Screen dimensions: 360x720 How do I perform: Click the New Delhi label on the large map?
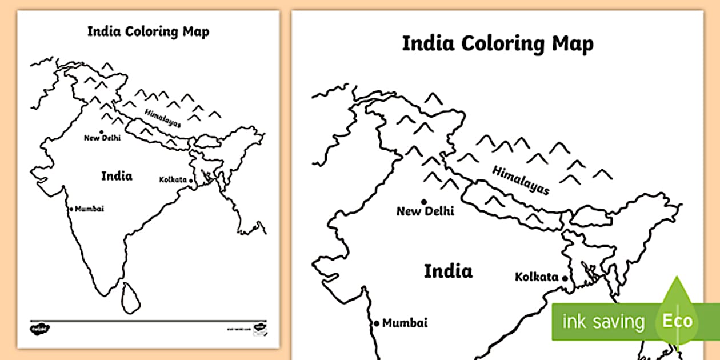click(425, 211)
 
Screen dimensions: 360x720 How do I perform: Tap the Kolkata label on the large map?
click(537, 277)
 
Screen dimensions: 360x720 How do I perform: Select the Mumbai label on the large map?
click(405, 323)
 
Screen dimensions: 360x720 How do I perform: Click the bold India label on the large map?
click(448, 271)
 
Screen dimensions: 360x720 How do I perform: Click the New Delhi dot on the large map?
click(424, 202)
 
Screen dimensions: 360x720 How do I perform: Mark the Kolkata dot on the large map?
click(565, 278)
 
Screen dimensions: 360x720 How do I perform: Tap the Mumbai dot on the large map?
click(377, 323)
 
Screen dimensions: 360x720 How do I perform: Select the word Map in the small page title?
click(197, 31)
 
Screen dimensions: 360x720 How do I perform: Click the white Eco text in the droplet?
click(677, 321)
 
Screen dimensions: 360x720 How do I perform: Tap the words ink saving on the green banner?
click(603, 322)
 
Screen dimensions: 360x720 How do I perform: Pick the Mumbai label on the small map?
click(89, 209)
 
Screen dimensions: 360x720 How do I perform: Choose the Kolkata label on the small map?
click(173, 179)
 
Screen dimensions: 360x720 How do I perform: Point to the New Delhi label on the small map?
click(102, 138)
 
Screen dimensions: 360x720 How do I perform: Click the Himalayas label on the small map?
click(162, 118)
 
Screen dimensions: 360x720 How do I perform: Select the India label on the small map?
click(117, 175)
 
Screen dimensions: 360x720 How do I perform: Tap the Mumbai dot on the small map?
click(71, 209)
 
